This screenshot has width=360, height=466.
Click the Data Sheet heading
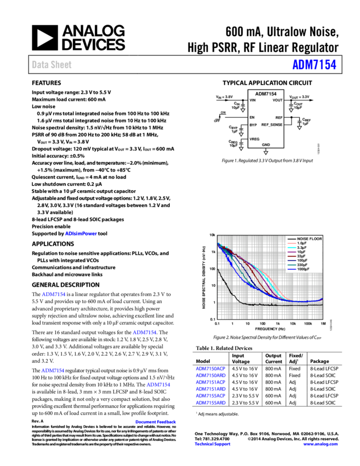(x=52, y=65)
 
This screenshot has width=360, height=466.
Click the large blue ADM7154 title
(x=314, y=65)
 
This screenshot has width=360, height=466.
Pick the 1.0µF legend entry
(x=301, y=243)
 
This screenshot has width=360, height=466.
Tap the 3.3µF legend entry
(x=301, y=248)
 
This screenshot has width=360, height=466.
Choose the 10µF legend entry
(x=301, y=252)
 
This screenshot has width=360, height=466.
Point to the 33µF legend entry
(x=301, y=256)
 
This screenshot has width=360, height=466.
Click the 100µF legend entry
(x=302, y=260)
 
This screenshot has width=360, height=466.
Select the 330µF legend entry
(x=302, y=265)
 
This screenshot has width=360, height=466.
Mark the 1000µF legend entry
(x=303, y=269)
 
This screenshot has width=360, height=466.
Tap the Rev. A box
(x=37, y=422)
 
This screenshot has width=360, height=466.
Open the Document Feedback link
(x=156, y=422)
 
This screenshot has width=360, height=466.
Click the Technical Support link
(x=213, y=444)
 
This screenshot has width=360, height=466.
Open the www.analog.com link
(x=321, y=444)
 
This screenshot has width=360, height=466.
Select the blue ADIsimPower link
(x=81, y=234)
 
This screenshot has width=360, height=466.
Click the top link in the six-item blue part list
(x=210, y=369)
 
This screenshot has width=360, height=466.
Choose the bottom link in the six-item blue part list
(x=210, y=403)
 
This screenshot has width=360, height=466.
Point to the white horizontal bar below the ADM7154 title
(x=253, y=88)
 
